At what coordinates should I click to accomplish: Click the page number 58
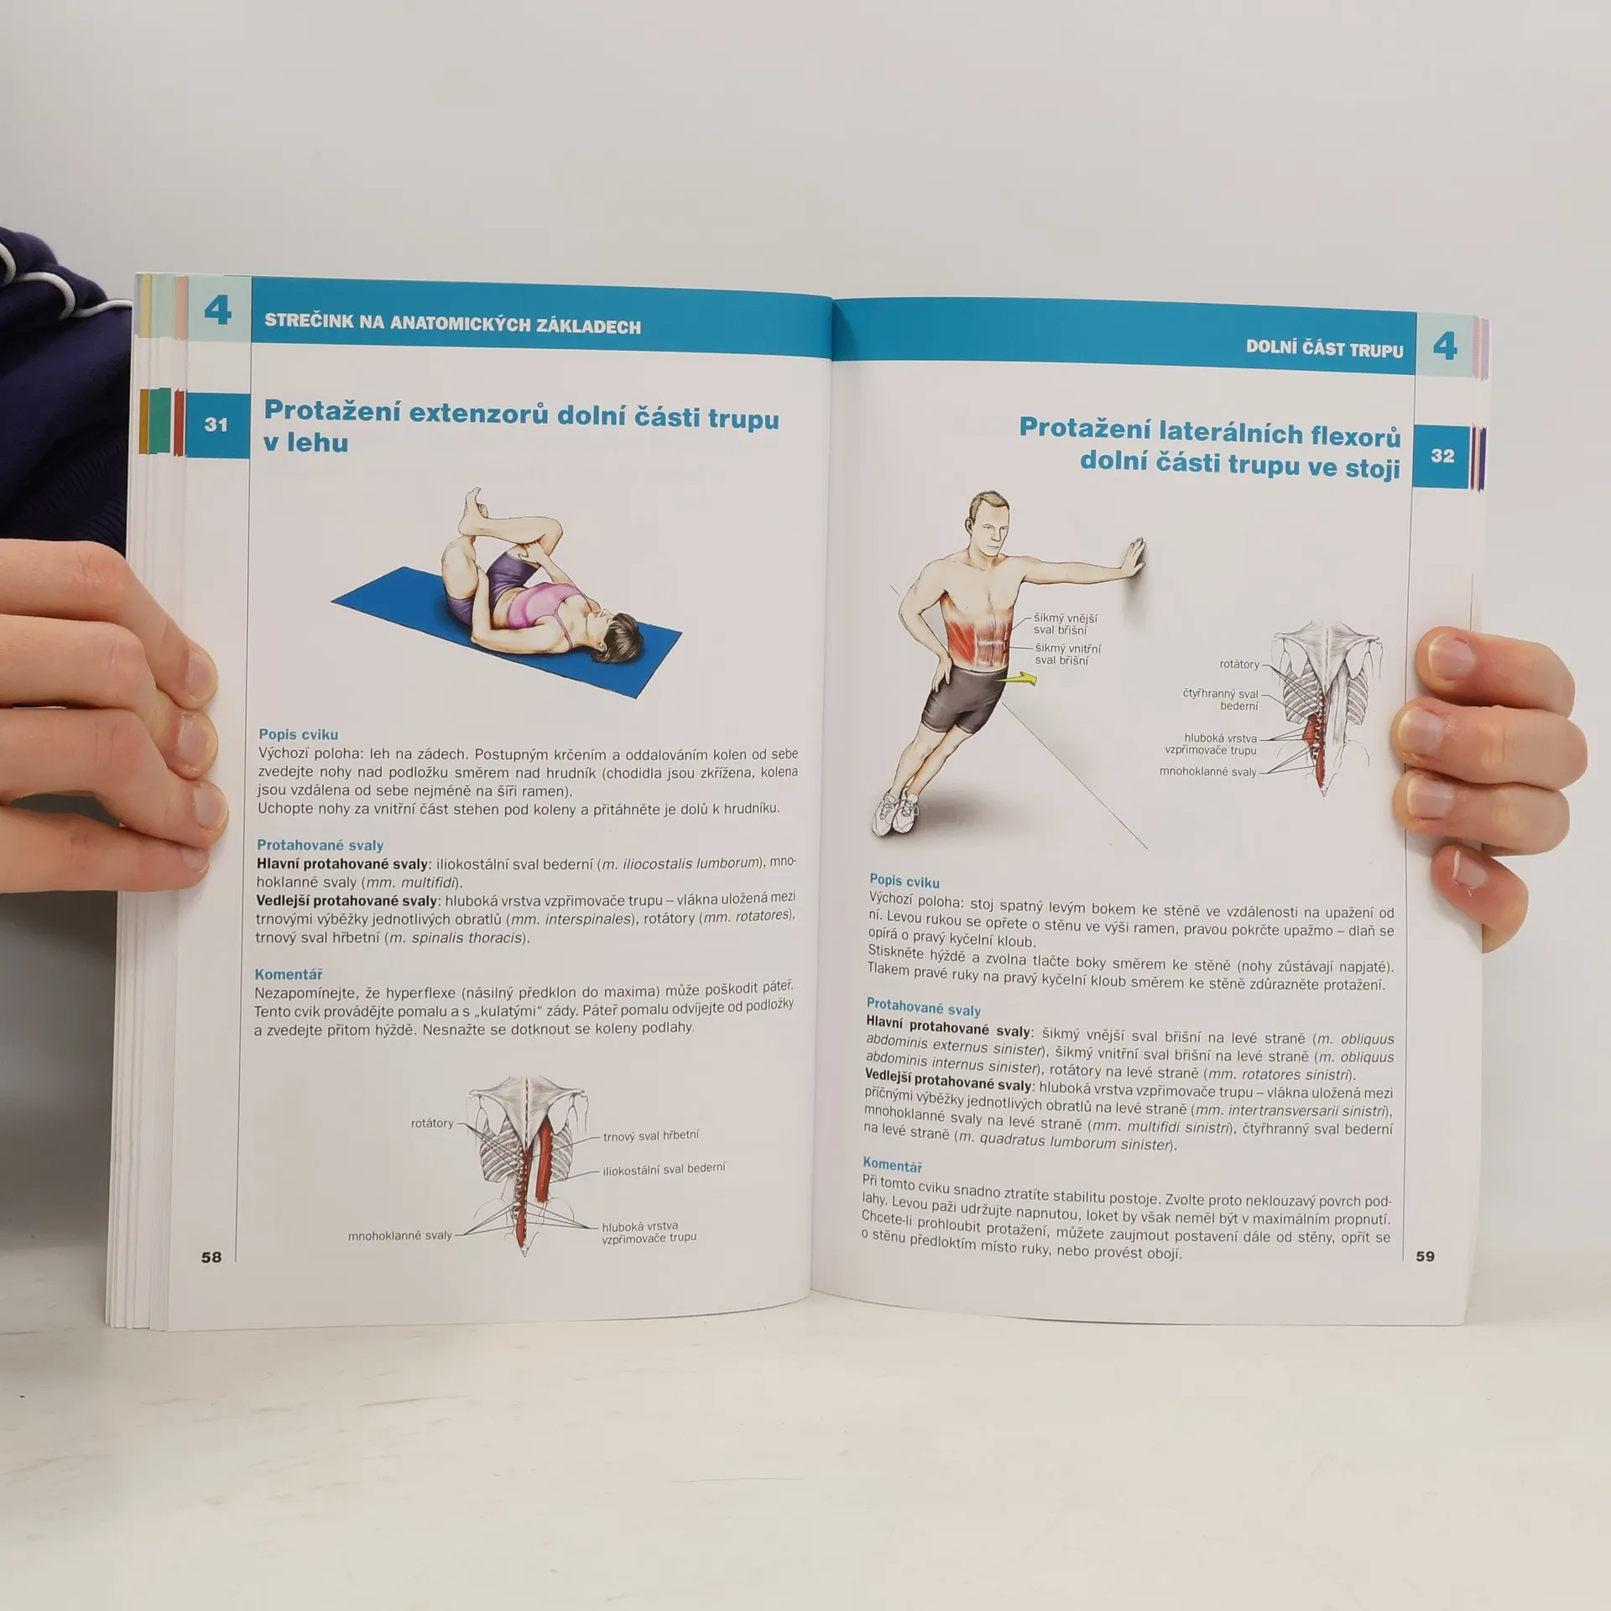tap(211, 1256)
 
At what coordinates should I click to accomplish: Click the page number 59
tap(1425, 1256)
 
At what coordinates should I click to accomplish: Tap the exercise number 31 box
tap(216, 425)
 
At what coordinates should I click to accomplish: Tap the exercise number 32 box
tap(1442, 456)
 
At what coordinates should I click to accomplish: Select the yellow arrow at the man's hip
tap(1021, 678)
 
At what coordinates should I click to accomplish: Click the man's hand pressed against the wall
tap(1134, 559)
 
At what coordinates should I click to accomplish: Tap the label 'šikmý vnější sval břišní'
tap(1065, 623)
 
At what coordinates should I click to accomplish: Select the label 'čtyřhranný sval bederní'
tap(1221, 700)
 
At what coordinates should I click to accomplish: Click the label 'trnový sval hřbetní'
tap(650, 1135)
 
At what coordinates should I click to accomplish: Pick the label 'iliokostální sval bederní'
tap(664, 1169)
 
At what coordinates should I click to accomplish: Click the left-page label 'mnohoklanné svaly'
tap(400, 1235)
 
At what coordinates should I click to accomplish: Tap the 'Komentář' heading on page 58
tap(289, 974)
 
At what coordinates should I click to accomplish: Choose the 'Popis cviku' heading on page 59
tap(905, 880)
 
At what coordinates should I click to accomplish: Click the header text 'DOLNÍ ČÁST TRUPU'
tap(1324, 348)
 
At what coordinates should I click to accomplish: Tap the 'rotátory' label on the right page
tap(1239, 664)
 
